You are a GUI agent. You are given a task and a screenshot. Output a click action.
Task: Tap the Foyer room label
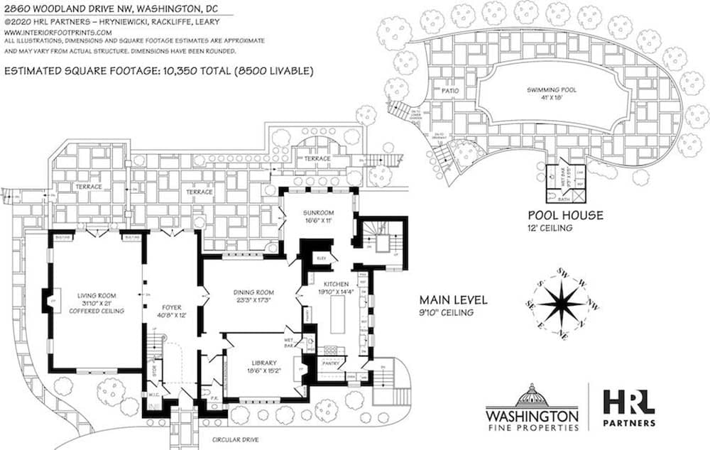[x=172, y=307]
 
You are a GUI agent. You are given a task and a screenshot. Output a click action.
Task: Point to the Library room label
[x=264, y=364]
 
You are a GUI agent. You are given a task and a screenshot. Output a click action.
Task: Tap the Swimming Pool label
[x=552, y=90]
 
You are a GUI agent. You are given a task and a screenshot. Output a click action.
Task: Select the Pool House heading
[x=564, y=214]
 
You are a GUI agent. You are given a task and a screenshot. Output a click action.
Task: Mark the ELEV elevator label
[x=321, y=258]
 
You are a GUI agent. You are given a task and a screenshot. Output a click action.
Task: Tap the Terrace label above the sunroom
[x=317, y=158]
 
